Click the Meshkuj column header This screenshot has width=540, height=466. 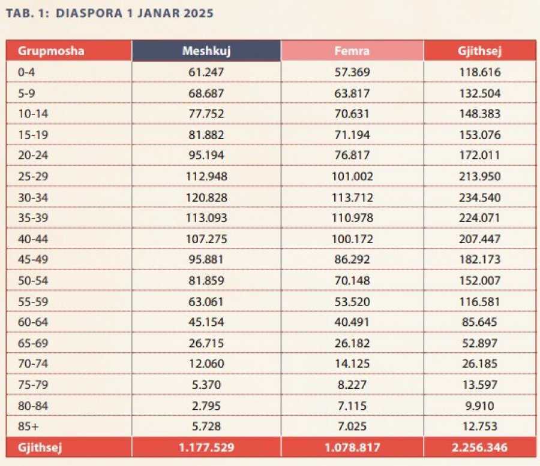pyautogui.click(x=206, y=51)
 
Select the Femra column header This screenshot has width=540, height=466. pyautogui.click(x=352, y=51)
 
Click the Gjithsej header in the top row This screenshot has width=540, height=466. pyautogui.click(x=480, y=51)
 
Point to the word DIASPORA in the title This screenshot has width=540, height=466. pyautogui.click(x=89, y=13)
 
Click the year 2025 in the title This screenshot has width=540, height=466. pyautogui.click(x=199, y=13)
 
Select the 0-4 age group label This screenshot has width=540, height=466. pyautogui.click(x=26, y=72)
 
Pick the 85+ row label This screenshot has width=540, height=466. pyautogui.click(x=29, y=426)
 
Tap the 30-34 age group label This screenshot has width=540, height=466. pyautogui.click(x=33, y=198)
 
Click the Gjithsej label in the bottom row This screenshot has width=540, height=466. pyautogui.click(x=40, y=447)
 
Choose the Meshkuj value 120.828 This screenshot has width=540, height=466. pyautogui.click(x=206, y=198)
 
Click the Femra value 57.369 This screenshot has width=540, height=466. pyautogui.click(x=352, y=72)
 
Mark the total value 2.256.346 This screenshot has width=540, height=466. pyautogui.click(x=480, y=447)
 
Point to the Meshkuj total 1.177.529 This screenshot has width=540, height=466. pyautogui.click(x=206, y=447)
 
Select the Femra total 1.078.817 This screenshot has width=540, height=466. pyautogui.click(x=352, y=447)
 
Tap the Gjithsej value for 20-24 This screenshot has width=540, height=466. pyautogui.click(x=479, y=155)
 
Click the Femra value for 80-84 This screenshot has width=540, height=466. pyautogui.click(x=352, y=406)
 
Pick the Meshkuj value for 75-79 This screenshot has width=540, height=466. pyautogui.click(x=206, y=385)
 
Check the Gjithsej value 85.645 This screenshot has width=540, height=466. pyautogui.click(x=480, y=322)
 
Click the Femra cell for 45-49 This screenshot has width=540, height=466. pyautogui.click(x=352, y=259)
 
